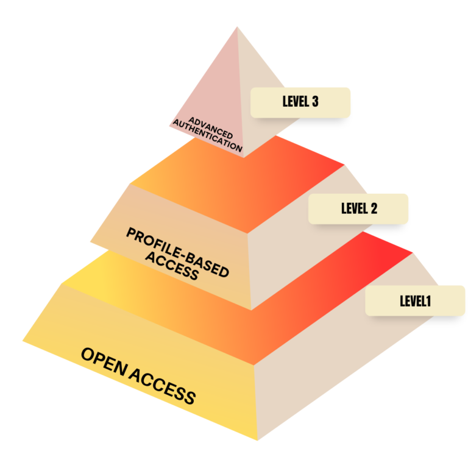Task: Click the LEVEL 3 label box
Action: (x=300, y=102)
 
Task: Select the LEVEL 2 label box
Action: (x=358, y=208)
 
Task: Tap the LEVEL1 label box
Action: (x=406, y=300)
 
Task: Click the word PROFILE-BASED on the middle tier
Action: (x=177, y=251)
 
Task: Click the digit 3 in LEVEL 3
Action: (x=314, y=102)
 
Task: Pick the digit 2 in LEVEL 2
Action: (x=374, y=208)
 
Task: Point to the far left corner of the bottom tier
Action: (x=23, y=341)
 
